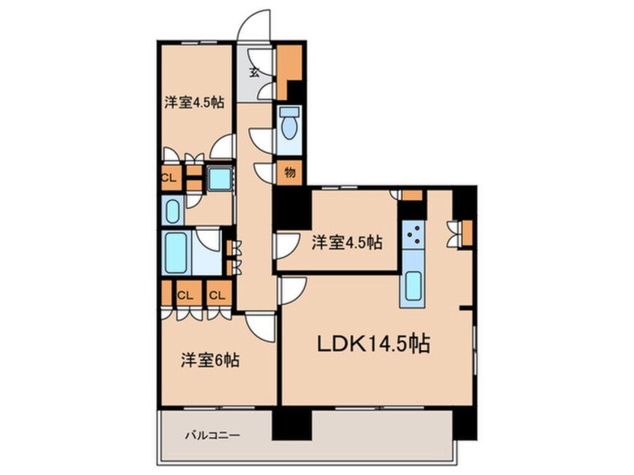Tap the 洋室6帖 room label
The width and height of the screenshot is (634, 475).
point(209,360)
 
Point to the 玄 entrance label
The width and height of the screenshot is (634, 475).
point(254,73)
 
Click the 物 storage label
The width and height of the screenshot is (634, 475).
point(289,172)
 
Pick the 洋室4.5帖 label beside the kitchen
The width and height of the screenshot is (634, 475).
point(347,242)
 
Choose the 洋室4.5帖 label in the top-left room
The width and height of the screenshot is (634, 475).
point(195,102)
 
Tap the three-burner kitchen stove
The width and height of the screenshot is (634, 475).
point(413,237)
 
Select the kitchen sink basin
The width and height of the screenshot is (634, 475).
point(413,287)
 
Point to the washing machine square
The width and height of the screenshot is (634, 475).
point(219,179)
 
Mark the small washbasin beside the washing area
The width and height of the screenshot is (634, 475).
point(172,211)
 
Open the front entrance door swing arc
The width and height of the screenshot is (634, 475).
point(253,24)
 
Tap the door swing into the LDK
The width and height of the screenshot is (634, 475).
point(292,289)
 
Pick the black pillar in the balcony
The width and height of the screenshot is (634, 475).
point(291,424)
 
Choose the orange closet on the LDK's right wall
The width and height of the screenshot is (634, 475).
point(467,234)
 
